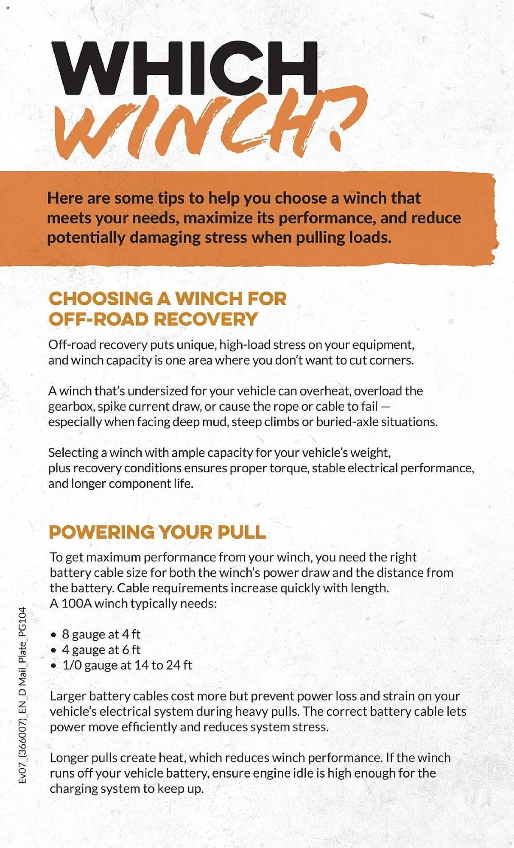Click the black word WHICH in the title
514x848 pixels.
tap(184, 68)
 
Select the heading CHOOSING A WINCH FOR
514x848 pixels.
tap(168, 298)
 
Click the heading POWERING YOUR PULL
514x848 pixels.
tap(157, 532)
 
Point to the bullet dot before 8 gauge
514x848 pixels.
tap(53, 635)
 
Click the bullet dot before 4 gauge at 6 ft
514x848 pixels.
tap(53, 650)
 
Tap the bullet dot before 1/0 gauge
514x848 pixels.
tap(53, 666)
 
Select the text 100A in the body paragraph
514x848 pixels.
tap(76, 603)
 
